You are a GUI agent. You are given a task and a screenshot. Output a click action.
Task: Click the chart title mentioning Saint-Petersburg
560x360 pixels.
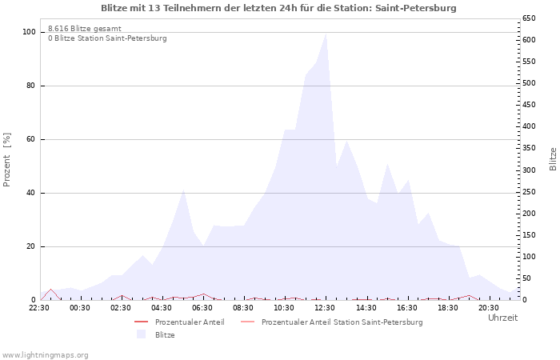point(278,8)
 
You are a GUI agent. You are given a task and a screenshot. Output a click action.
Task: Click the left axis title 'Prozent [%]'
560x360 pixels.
point(7,160)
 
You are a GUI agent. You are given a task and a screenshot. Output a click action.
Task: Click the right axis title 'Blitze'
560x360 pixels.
point(553,158)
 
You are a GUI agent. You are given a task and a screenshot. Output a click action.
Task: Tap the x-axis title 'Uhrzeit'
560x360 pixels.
point(502,318)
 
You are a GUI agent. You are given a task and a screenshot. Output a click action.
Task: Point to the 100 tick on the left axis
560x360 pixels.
point(29,32)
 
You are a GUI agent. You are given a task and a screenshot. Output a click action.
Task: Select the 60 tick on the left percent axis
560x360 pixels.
point(31,139)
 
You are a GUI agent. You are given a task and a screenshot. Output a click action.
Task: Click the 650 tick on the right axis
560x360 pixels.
point(529,18)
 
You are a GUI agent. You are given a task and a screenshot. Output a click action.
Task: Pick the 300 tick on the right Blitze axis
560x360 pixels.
point(529,170)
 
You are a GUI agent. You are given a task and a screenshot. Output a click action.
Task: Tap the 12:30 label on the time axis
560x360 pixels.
point(325,307)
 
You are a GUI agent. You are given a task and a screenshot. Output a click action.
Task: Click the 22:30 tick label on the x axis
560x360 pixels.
point(39,307)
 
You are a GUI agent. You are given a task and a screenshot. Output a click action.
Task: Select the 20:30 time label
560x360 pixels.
point(488,307)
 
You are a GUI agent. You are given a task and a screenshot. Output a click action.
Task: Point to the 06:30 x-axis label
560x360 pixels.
point(202,307)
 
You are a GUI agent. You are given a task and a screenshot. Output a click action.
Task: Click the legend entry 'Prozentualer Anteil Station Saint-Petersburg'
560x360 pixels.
point(342,322)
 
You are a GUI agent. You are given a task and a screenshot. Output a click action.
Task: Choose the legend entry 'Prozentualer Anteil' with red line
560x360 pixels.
point(190,322)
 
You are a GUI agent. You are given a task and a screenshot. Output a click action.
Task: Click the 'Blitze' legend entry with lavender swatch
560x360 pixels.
point(165,335)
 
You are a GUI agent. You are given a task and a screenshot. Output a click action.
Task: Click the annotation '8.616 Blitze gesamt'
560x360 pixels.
point(85,29)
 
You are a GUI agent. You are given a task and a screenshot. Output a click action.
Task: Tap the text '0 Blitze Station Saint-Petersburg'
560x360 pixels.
point(107,38)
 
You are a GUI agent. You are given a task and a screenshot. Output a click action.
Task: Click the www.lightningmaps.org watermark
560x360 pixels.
point(45,354)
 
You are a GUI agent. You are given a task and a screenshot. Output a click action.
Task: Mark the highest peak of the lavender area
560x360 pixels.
point(326,33)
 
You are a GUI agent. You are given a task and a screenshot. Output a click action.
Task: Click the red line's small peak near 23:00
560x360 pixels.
point(50,290)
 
